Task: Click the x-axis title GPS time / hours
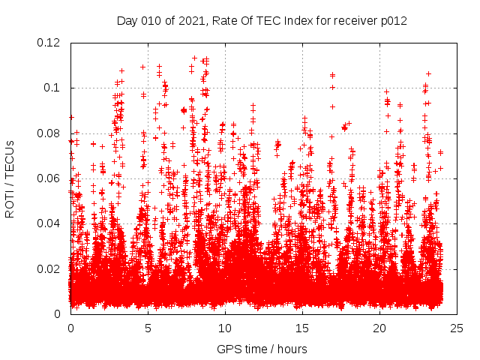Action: [262, 349]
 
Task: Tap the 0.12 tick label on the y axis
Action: [51, 43]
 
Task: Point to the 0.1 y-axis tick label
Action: [54, 88]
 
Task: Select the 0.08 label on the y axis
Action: [51, 133]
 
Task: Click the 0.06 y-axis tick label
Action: [51, 178]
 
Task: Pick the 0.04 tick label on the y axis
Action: [51, 223]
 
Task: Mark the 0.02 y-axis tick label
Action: [51, 268]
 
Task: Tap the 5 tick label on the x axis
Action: [148, 328]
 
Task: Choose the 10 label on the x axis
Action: [225, 328]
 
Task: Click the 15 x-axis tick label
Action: [302, 328]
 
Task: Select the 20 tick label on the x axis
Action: [380, 328]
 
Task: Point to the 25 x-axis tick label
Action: [457, 328]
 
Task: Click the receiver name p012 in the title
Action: [393, 21]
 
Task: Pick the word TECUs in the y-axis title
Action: [10, 163]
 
